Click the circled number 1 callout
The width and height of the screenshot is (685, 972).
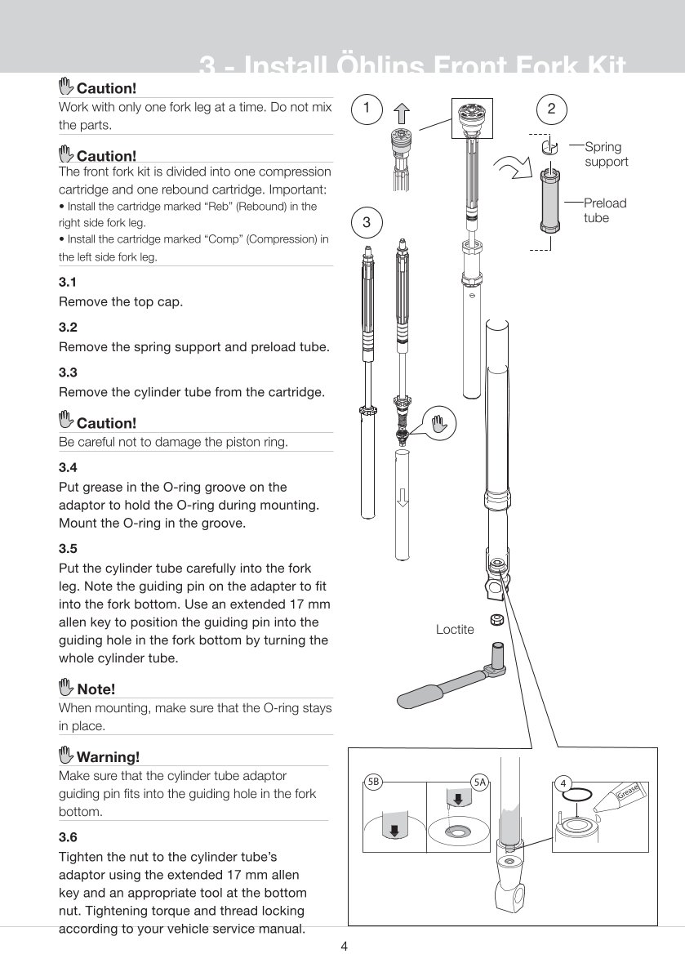[368, 107]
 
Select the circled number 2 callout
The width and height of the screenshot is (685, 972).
[552, 107]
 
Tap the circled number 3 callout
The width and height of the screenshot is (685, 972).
[367, 221]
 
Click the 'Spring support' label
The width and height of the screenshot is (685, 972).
[606, 154]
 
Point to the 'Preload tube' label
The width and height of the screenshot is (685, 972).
[605, 210]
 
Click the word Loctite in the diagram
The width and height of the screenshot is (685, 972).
[455, 630]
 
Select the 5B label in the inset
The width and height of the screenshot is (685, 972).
[373, 783]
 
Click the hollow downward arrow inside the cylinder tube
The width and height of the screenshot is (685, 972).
[402, 495]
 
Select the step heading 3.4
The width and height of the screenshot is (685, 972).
[68, 468]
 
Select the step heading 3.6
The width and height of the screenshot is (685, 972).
[68, 836]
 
